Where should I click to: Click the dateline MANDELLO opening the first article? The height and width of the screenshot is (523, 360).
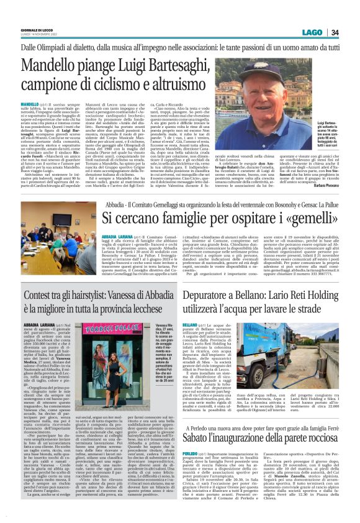(x=30, y=103)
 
